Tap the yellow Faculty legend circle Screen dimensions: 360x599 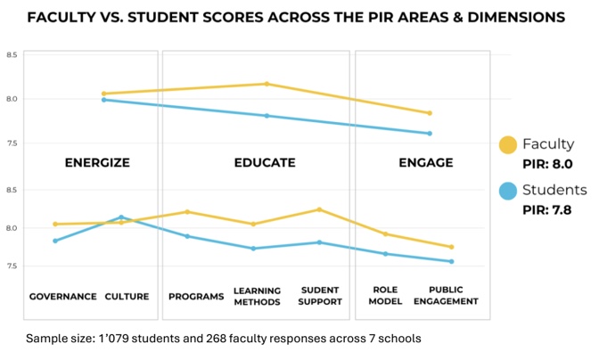(507, 145)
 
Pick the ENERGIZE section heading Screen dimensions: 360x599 (97, 163)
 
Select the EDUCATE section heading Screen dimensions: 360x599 (265, 163)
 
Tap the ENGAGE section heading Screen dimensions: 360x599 (425, 163)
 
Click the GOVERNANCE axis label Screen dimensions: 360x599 (62, 296)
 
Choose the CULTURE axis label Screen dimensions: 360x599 (127, 296)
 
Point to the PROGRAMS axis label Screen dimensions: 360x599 (196, 296)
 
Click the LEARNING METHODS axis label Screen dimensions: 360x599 (257, 296)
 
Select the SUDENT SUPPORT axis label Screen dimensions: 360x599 (320, 296)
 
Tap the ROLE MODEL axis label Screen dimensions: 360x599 (385, 296)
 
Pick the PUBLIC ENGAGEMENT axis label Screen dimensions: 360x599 (452, 296)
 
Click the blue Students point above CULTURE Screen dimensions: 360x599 (121, 217)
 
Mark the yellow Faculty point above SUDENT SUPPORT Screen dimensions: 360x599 (319, 209)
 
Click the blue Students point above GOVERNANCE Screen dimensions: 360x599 (55, 241)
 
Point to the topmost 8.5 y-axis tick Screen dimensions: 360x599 (12, 55)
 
